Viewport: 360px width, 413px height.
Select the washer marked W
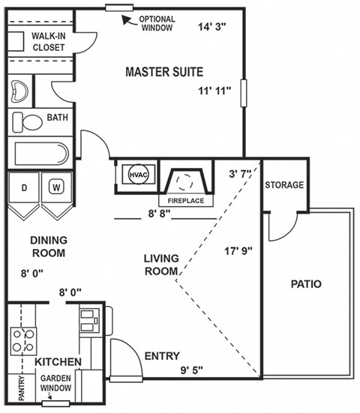tap(56, 187)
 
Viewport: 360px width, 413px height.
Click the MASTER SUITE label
tap(163, 72)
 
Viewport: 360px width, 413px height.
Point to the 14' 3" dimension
tap(212, 28)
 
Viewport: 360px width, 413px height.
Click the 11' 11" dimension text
tap(214, 91)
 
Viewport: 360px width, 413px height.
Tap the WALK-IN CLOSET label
tap(48, 41)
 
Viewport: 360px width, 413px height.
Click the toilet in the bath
tap(30, 121)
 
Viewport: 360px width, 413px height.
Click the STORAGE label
tap(284, 185)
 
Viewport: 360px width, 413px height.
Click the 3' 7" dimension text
tap(242, 174)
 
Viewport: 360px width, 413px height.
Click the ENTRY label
tap(161, 356)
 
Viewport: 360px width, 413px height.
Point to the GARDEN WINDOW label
tap(56, 383)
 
